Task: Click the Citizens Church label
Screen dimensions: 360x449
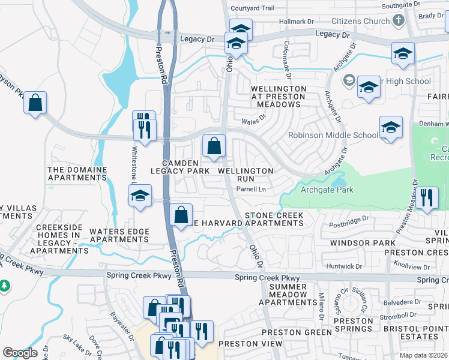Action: click(x=360, y=22)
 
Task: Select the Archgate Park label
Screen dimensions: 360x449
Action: click(x=327, y=190)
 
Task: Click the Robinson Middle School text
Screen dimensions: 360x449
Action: click(x=333, y=135)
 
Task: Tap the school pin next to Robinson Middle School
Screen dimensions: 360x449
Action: click(x=391, y=128)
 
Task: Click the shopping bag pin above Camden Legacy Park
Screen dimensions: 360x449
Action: click(x=214, y=146)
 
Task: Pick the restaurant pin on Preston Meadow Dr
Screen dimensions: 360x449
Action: click(x=426, y=199)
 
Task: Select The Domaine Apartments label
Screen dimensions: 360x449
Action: click(x=77, y=174)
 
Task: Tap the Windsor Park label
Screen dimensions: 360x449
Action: click(x=354, y=243)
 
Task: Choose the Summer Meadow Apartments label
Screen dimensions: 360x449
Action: click(x=288, y=295)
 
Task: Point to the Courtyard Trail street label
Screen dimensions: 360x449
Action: click(x=252, y=8)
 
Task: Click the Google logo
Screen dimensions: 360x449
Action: click(x=20, y=353)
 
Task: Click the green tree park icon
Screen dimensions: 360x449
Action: click(x=5, y=284)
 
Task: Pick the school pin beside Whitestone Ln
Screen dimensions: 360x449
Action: click(x=140, y=196)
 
